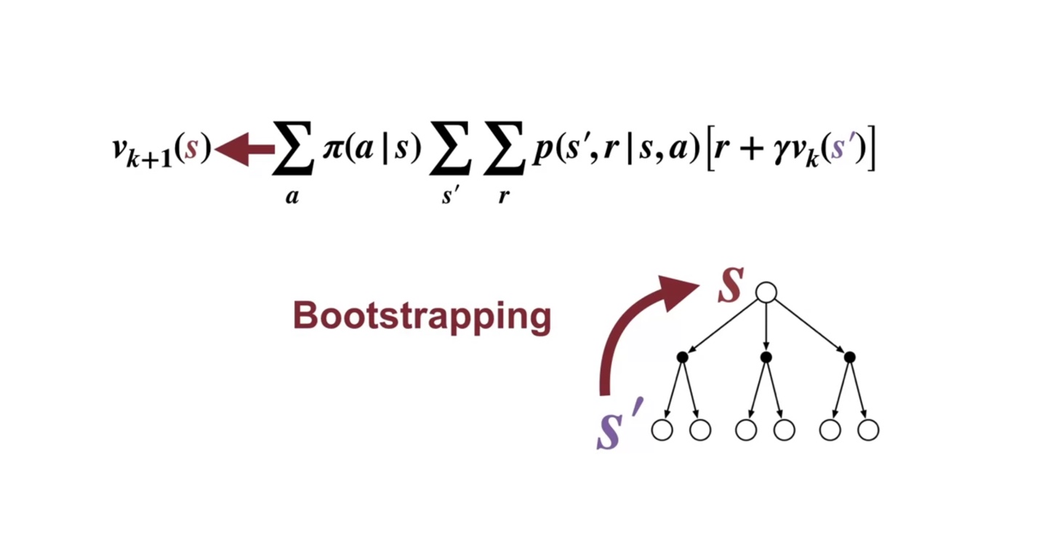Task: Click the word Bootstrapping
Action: click(x=422, y=317)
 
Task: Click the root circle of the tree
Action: click(x=766, y=293)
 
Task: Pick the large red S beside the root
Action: click(x=730, y=286)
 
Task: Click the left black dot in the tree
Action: click(x=682, y=357)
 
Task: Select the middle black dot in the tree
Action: click(x=766, y=357)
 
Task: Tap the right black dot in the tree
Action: click(x=849, y=357)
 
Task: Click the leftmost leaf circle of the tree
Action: click(x=662, y=430)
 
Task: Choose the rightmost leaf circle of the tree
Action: click(x=868, y=430)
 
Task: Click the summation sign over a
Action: click(x=292, y=150)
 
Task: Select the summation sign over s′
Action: click(x=450, y=150)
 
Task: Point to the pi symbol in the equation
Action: click(x=332, y=151)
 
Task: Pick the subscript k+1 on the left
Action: click(x=150, y=158)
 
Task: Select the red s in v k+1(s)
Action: click(x=191, y=150)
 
